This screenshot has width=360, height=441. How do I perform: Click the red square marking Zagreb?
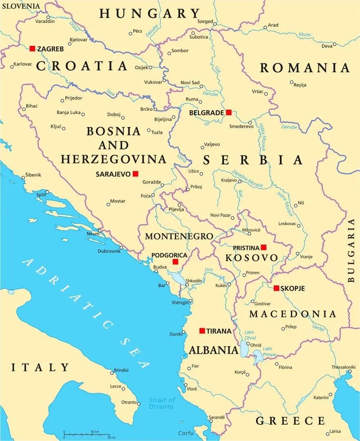coord(32,49)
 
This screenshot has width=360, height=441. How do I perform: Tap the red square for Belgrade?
coord(229,112)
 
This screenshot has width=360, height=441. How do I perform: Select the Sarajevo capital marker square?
coord(136,174)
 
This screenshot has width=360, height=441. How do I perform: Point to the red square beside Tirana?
coord(202,331)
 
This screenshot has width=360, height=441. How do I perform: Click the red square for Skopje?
coord(277,288)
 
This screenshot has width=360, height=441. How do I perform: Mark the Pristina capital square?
coord(264,247)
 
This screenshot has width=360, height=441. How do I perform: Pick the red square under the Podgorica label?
coord(175,261)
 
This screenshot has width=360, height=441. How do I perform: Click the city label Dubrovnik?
coord(109,251)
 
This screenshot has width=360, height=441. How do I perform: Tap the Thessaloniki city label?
coord(341,367)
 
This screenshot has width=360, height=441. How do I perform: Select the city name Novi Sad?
coord(190,82)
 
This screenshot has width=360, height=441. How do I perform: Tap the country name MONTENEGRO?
coord(179,236)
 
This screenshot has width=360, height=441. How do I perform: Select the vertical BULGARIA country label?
coord(351,250)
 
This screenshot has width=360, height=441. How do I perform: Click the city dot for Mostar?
coord(108,204)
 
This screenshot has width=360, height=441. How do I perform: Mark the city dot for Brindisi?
coord(112,373)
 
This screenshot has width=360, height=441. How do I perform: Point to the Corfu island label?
coord(186,433)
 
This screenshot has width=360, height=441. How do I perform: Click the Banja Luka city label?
coord(68,113)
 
